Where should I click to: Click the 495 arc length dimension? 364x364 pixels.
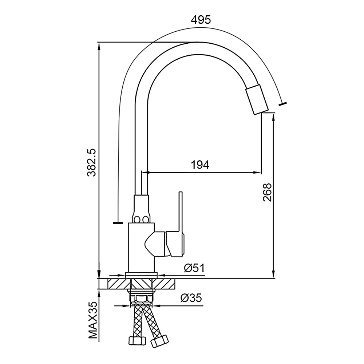pyautogui.click(x=201, y=20)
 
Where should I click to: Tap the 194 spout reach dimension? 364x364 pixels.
pyautogui.click(x=200, y=165)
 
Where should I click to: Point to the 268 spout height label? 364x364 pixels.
pyautogui.click(x=267, y=193)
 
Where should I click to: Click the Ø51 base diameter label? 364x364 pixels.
pyautogui.click(x=194, y=268)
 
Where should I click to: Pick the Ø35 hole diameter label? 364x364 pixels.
pyautogui.click(x=191, y=298)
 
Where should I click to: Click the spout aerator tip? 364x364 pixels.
pyautogui.click(x=257, y=100)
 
